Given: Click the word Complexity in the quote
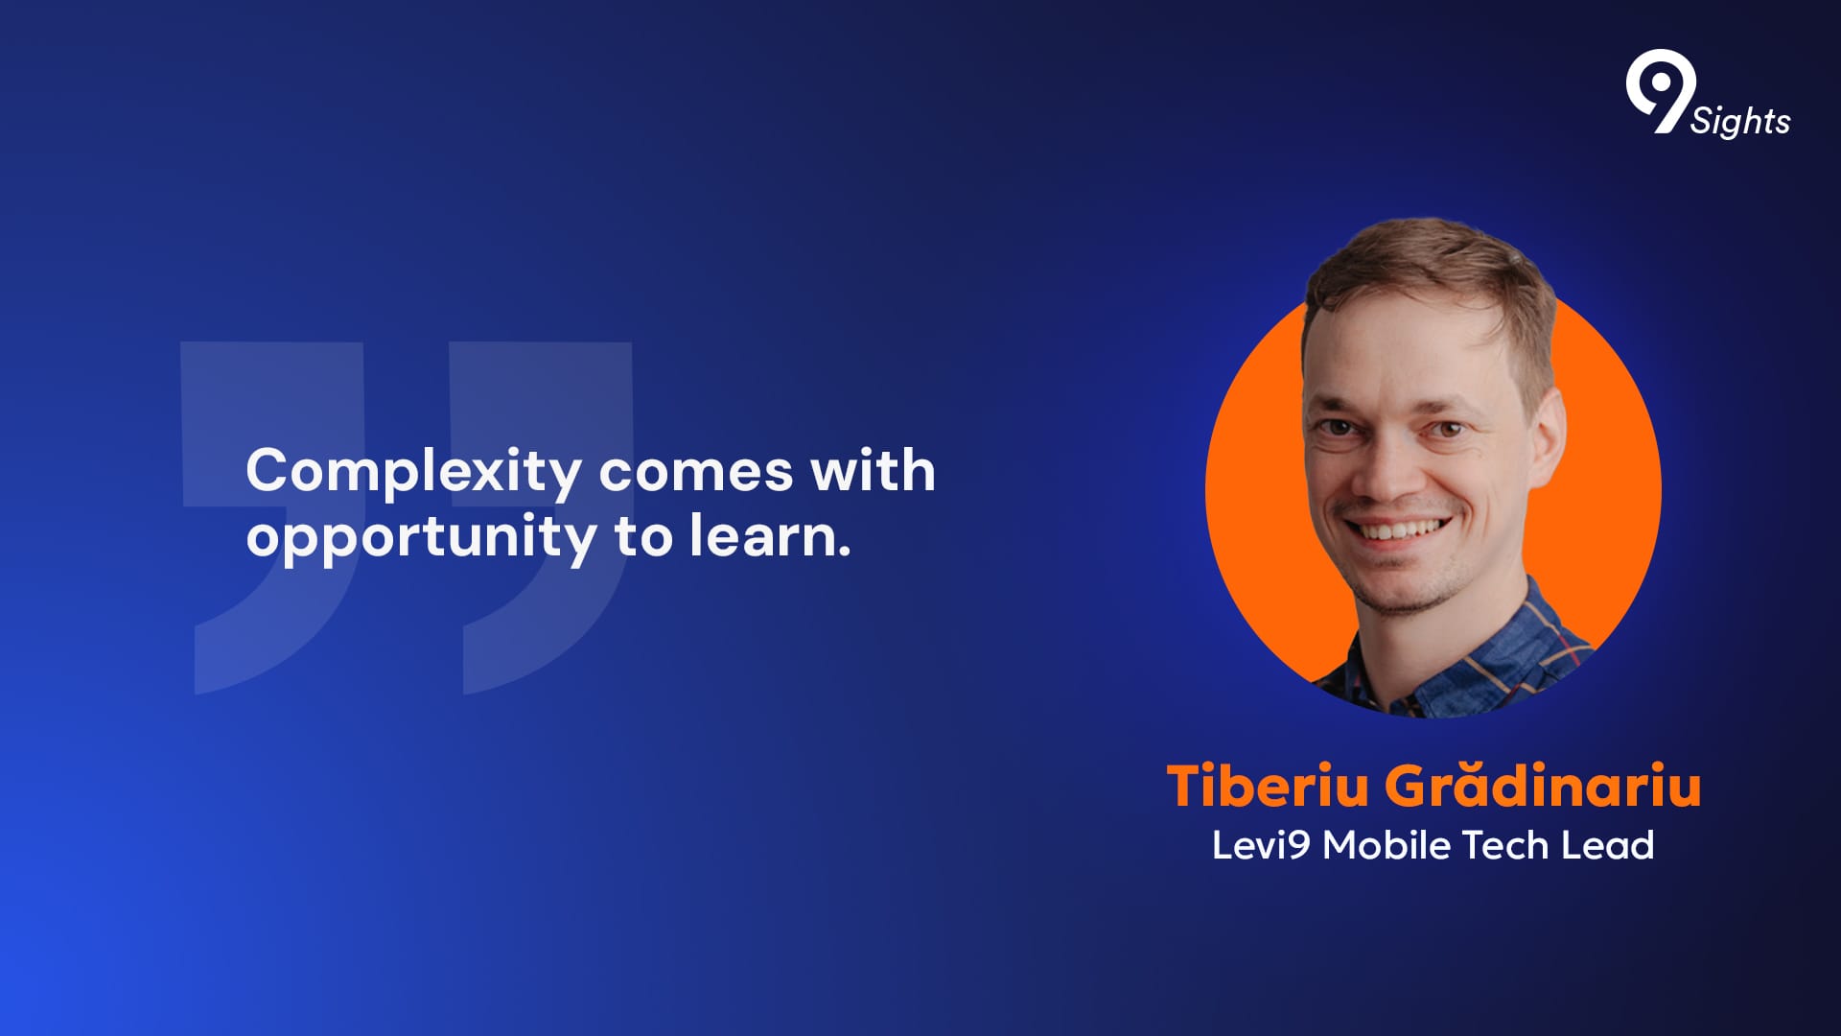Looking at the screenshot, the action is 413,472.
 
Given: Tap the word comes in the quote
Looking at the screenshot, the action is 697,472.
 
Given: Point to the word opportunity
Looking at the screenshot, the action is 422,538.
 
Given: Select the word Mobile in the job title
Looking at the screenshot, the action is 1387,845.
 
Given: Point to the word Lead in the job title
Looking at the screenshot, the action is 1608,845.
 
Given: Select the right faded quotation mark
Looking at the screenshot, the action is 547,518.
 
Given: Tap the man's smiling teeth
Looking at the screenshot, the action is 1398,530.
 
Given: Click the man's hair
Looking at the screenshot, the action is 1429,273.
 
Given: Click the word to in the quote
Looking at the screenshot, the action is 644,537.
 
